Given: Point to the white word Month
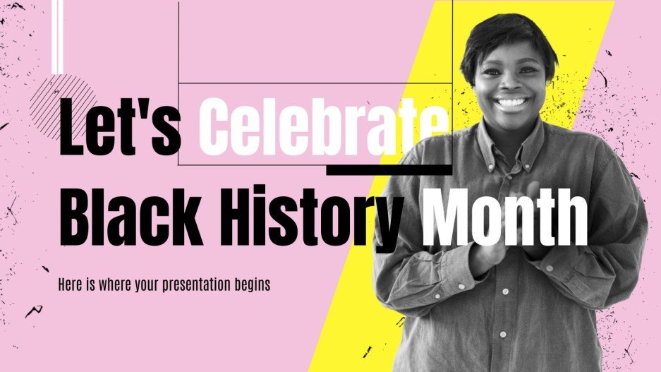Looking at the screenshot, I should (504, 210).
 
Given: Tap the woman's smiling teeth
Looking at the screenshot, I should (513, 103).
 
